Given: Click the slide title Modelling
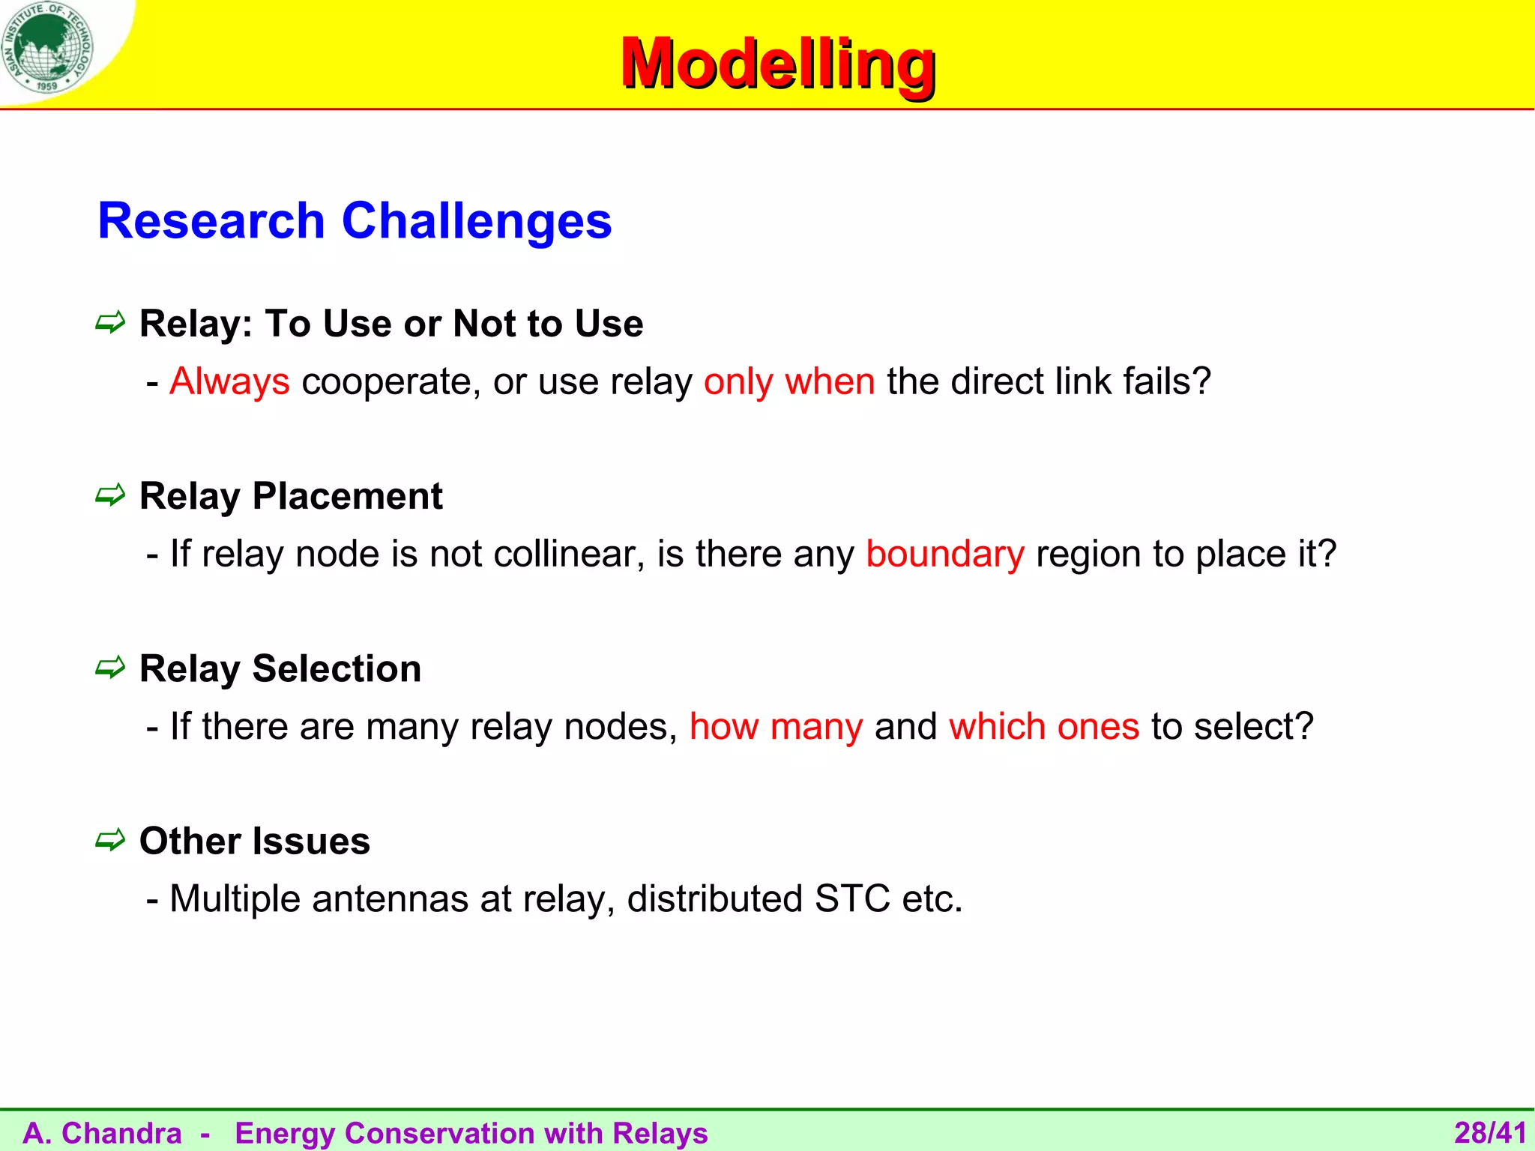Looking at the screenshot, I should (x=778, y=64).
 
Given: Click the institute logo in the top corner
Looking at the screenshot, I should (x=46, y=46).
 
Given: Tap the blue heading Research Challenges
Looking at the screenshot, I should (x=355, y=221).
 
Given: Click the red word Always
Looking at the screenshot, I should (x=229, y=381).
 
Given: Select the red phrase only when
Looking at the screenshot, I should (x=788, y=381).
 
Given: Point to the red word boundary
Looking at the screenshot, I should (x=944, y=554).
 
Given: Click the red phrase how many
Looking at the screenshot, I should (x=776, y=726).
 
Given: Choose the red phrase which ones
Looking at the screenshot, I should (x=1043, y=726).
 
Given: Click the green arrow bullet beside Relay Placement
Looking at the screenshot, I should (x=110, y=495).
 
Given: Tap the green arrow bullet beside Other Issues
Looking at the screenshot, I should (x=110, y=840).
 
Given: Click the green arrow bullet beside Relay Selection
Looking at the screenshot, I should (x=110, y=668).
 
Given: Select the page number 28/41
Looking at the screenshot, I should (x=1490, y=1133).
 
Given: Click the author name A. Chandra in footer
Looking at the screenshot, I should (x=102, y=1133).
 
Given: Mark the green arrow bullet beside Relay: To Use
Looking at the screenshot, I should (x=110, y=323).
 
